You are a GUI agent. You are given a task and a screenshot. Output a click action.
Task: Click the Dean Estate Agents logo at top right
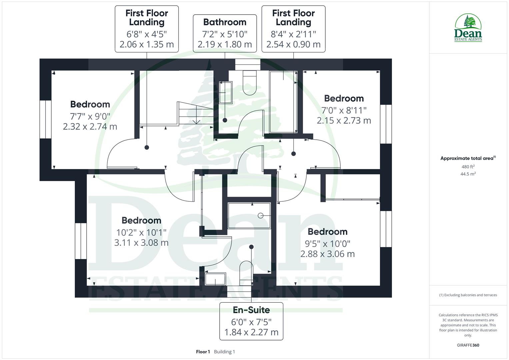(x=468, y=28)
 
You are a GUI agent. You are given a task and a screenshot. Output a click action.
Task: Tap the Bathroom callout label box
(x=225, y=33)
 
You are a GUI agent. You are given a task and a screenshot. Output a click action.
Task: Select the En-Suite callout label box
(x=251, y=321)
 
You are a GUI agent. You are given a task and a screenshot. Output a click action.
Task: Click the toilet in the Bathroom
(x=250, y=83)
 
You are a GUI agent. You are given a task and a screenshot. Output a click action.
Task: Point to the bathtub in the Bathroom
(x=283, y=102)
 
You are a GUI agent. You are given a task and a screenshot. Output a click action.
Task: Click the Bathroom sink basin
(x=225, y=92)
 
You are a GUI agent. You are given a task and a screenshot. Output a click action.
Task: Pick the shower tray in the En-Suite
(x=249, y=215)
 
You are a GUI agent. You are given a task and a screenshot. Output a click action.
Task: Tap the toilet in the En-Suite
(x=246, y=272)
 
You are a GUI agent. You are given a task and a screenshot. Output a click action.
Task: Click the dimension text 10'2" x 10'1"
(x=141, y=232)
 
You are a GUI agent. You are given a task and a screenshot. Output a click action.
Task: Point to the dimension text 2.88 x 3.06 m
(x=327, y=254)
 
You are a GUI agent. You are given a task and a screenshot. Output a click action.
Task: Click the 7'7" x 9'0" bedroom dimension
(x=90, y=116)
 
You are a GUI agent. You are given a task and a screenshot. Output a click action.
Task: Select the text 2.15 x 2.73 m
(x=344, y=121)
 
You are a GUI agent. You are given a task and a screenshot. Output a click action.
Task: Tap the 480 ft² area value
(x=468, y=167)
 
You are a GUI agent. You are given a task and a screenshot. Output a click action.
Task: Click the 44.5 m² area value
(x=468, y=174)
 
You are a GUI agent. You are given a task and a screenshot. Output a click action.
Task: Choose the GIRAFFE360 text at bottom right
(x=468, y=345)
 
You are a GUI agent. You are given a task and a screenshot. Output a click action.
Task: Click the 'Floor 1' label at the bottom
(x=203, y=352)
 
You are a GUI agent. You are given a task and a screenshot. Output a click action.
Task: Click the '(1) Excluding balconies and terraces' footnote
(x=468, y=295)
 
